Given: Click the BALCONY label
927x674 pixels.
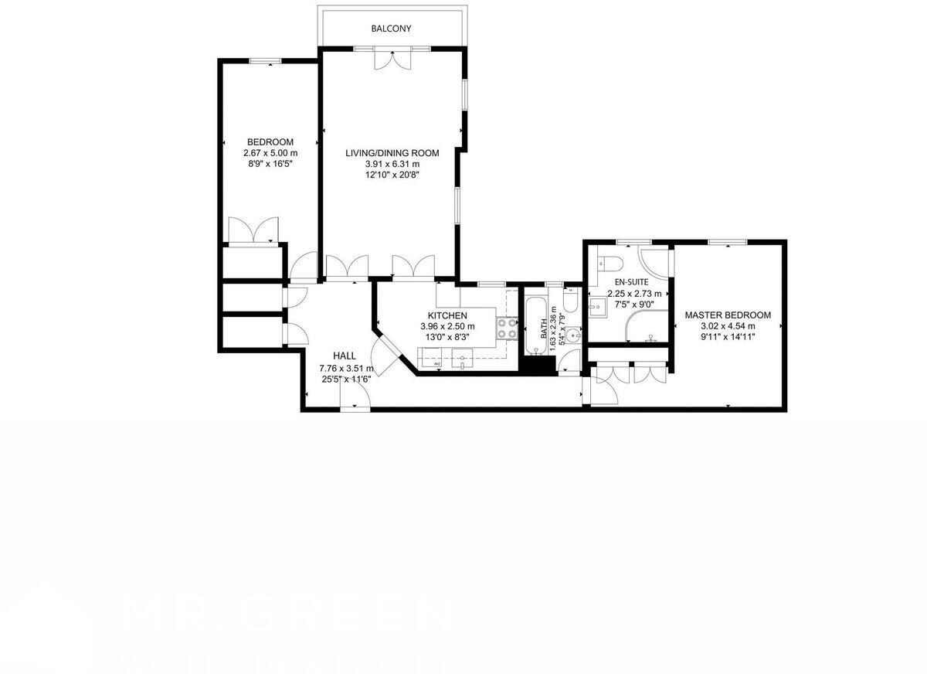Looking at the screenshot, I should pos(391,29).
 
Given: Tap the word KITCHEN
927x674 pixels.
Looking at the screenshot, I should pos(447,315).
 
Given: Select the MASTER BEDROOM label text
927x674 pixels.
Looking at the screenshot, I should pos(728,315).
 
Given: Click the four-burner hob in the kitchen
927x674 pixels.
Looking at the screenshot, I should pos(507,328).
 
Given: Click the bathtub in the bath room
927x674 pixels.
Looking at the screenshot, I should pos(535,325).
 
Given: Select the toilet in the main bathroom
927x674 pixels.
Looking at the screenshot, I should pos(570,300).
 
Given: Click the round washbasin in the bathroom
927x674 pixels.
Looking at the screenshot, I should pos(572,338).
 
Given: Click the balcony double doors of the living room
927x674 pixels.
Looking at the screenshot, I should pos(392,60).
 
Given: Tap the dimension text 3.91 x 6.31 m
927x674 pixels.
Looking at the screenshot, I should pos(392,164).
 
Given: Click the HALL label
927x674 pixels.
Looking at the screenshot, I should pos(345,356).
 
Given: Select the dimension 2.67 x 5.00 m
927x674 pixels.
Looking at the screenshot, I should pos(270,153).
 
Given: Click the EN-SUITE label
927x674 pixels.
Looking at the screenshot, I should pos(631,282).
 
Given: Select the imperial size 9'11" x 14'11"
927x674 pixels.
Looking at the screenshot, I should pos(728,336).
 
